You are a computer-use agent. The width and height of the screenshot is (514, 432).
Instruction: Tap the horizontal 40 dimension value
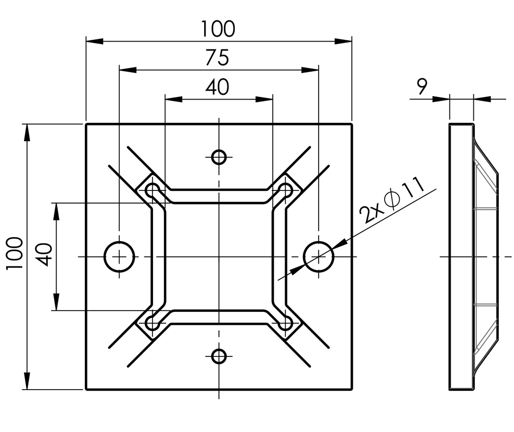(217, 87)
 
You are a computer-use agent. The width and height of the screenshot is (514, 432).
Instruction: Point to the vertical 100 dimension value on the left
(15, 253)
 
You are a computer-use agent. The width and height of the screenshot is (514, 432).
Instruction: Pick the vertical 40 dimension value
(44, 255)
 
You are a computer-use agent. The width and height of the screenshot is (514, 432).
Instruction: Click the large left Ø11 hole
(119, 257)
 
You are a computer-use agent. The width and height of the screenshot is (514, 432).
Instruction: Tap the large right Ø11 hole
(318, 257)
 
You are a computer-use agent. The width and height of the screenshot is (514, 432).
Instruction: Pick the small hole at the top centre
(219, 157)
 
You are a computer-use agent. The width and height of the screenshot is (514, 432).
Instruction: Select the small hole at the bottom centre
(219, 356)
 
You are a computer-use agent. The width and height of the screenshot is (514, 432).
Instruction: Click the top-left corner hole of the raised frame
(152, 190)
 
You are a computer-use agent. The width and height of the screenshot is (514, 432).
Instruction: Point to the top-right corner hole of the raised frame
(286, 190)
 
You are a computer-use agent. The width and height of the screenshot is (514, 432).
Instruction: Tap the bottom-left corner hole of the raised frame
(152, 323)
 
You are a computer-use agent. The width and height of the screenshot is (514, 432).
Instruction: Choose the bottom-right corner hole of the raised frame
(286, 323)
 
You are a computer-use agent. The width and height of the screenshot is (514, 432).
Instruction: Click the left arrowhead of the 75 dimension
(128, 70)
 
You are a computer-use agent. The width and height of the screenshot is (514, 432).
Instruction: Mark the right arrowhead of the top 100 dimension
(343, 41)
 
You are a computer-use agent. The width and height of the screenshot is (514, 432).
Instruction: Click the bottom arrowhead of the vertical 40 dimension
(56, 302)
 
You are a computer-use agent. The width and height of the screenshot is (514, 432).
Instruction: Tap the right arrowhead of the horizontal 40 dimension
(264, 99)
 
